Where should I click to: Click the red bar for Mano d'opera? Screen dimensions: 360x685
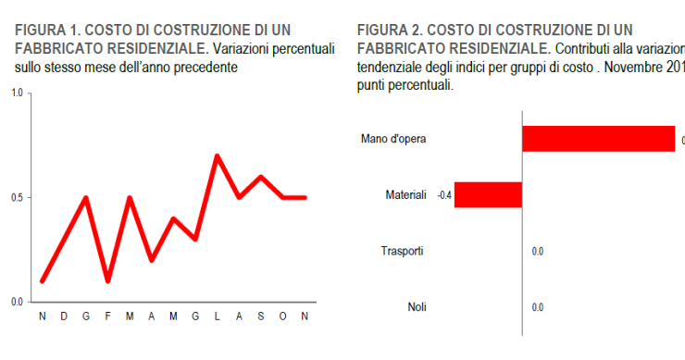click(x=598, y=139)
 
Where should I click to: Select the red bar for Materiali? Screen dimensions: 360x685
click(x=489, y=194)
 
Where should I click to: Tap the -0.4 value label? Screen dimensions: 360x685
click(x=444, y=195)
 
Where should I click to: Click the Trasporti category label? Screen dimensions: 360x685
click(x=403, y=251)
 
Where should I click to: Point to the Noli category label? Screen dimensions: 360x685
click(x=417, y=307)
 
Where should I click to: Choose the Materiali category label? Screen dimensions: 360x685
click(x=405, y=195)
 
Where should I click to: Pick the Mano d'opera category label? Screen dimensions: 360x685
click(x=393, y=140)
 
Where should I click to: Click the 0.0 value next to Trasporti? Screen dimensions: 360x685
click(x=538, y=251)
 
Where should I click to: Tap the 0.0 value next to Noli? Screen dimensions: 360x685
click(x=538, y=307)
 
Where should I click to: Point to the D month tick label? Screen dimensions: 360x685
click(x=64, y=317)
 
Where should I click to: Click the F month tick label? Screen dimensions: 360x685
click(x=107, y=317)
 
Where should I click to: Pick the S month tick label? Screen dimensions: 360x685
click(x=261, y=317)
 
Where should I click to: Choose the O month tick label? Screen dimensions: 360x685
click(x=283, y=317)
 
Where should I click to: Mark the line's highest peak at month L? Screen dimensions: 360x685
click(x=218, y=155)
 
